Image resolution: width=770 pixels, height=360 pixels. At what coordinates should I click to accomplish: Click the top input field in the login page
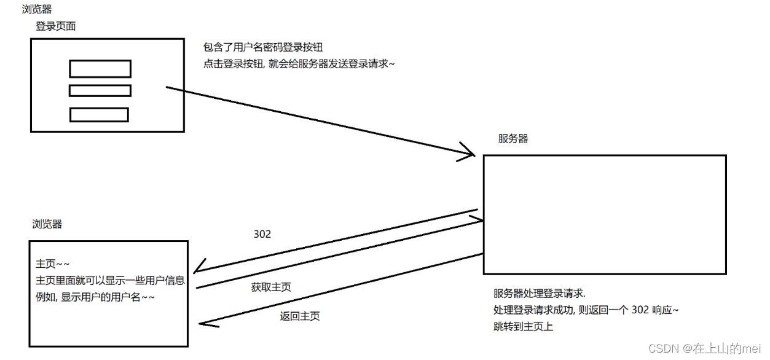[x=100, y=68]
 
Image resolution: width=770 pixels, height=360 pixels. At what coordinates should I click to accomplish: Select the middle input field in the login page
[x=100, y=91]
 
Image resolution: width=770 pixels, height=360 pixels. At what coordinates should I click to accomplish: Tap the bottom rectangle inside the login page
[x=99, y=115]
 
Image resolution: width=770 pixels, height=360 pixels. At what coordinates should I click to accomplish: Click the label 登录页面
[x=55, y=26]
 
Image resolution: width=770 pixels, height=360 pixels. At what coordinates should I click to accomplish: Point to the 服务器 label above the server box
[x=513, y=139]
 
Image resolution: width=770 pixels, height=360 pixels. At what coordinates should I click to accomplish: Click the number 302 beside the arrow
[x=262, y=234]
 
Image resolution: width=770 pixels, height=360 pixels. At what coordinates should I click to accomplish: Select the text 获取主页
[x=271, y=287]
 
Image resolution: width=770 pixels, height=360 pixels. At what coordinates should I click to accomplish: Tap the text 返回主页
[x=299, y=316]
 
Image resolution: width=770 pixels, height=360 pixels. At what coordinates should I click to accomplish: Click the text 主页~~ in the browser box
[x=49, y=264]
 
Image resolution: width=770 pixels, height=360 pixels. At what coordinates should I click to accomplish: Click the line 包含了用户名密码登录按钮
[x=263, y=47]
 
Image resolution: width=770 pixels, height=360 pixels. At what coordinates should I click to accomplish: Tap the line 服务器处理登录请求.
[x=540, y=292]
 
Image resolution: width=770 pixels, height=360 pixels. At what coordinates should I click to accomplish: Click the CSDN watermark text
[x=704, y=348]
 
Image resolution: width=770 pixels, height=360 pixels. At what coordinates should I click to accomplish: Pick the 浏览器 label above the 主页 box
[x=47, y=224]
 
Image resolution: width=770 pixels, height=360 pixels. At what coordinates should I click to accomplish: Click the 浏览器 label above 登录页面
[x=36, y=9]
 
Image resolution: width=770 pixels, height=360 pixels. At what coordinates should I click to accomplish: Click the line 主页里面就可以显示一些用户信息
[x=110, y=281]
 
